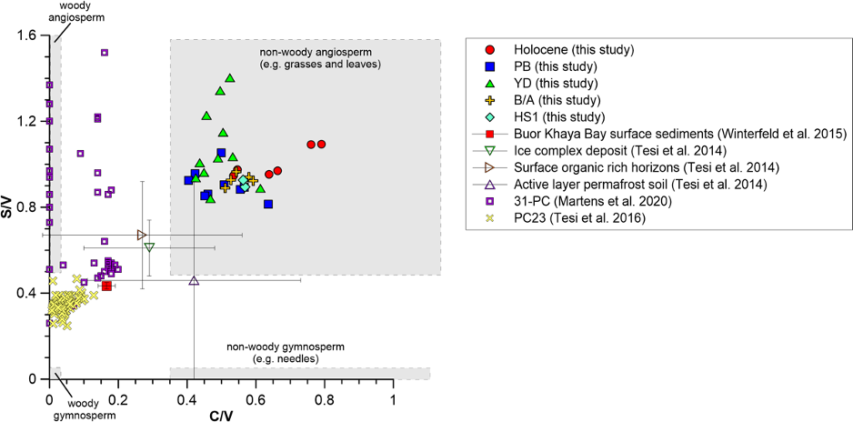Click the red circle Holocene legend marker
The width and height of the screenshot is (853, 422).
[x=490, y=50]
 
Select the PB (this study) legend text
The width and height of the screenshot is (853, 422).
[x=554, y=66]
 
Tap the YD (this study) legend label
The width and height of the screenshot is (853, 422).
[x=554, y=84]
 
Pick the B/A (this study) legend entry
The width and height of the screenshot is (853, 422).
[x=556, y=100]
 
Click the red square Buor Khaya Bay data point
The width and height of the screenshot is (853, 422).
[x=106, y=286]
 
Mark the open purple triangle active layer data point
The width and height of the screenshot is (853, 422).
[x=194, y=281]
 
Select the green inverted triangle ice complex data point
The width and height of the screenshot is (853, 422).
[x=149, y=247]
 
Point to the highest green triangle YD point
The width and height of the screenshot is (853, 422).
[x=230, y=78]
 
